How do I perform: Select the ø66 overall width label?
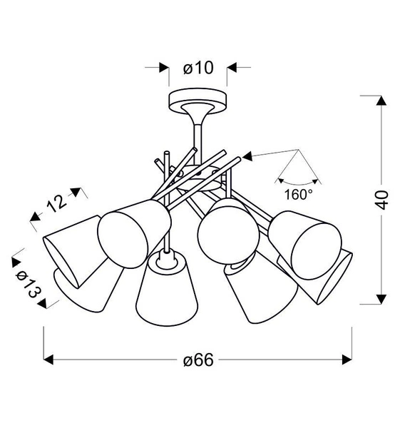coord(198,360)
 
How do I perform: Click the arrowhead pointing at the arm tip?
coord(247,155)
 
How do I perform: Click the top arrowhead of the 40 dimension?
coord(382,99)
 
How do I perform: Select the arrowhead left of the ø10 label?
coord(162,68)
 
